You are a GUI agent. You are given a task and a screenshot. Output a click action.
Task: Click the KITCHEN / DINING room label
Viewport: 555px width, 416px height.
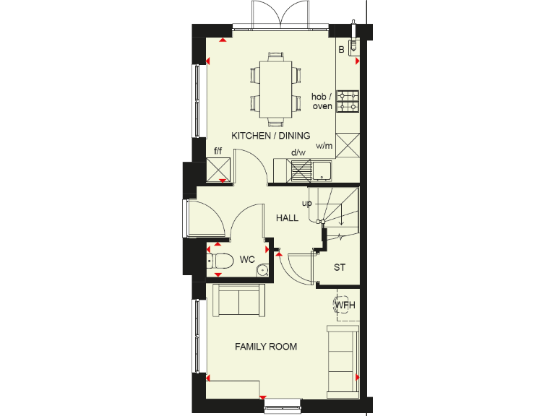(x=270, y=135)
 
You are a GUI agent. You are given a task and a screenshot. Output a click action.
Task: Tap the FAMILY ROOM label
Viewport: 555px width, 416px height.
(x=266, y=347)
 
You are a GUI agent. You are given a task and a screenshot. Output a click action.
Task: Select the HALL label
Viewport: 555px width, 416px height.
(x=287, y=217)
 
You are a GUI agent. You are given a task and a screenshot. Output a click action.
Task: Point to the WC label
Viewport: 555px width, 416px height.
(x=247, y=259)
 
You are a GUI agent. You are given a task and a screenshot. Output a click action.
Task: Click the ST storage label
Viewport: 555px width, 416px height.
(x=340, y=267)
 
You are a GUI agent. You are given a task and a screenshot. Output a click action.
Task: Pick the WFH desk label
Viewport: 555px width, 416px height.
(x=345, y=305)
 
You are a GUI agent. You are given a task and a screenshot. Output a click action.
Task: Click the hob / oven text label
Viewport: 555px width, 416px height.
(x=322, y=101)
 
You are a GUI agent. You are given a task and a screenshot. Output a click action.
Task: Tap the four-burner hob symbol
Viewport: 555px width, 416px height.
(x=348, y=101)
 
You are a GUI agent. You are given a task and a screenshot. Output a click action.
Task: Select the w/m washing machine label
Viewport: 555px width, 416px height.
(x=324, y=146)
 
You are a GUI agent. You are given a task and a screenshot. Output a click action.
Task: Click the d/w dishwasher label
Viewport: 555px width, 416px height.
(x=298, y=152)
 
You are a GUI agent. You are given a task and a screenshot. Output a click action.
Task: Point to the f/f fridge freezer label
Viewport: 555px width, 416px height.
(x=218, y=152)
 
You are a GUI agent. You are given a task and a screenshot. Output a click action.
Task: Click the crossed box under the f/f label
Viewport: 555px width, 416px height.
(x=218, y=170)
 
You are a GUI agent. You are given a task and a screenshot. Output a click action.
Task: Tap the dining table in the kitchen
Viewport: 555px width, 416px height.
(x=275, y=85)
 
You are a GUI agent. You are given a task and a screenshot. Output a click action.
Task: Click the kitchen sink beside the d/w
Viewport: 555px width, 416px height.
(x=320, y=171)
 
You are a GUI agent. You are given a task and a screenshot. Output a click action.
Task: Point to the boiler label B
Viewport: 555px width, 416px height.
(x=341, y=49)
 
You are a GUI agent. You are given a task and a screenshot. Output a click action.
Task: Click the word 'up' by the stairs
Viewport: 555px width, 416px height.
(x=306, y=204)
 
